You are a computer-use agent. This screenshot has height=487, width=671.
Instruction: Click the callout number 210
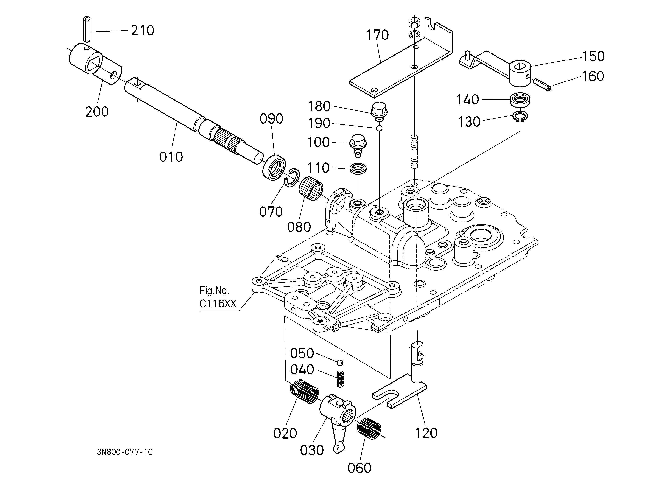coord(143,31)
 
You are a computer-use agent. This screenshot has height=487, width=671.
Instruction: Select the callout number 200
coord(97,112)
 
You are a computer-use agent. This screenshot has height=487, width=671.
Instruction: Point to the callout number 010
coord(171,157)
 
